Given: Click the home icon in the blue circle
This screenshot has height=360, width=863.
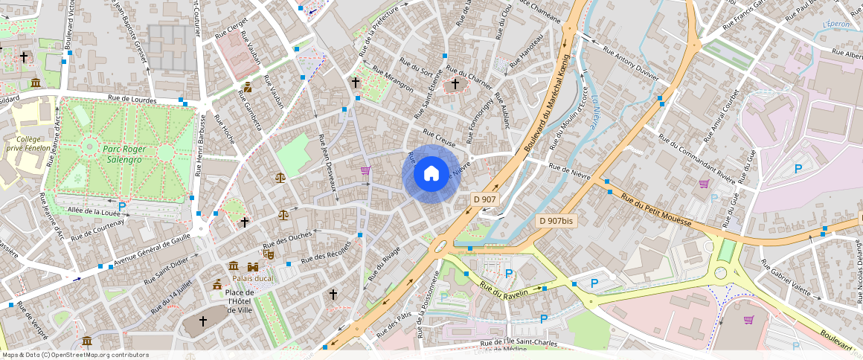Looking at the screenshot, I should tap(431, 174).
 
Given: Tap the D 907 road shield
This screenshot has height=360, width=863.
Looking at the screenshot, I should tap(484, 199).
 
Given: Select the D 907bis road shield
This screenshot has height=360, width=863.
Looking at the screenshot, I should tap(556, 221).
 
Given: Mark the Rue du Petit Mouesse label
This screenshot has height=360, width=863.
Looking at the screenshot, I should tap(656, 211).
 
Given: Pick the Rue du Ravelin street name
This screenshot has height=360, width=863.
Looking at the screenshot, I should tap(504, 289).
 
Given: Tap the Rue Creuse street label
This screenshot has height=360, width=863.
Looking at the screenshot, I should tap(439, 138).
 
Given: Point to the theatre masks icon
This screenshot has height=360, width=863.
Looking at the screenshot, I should tap(268, 254).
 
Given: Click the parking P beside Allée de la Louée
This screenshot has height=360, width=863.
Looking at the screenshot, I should tap(122, 205).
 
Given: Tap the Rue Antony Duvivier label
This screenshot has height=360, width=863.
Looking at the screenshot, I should tap(631, 62).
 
